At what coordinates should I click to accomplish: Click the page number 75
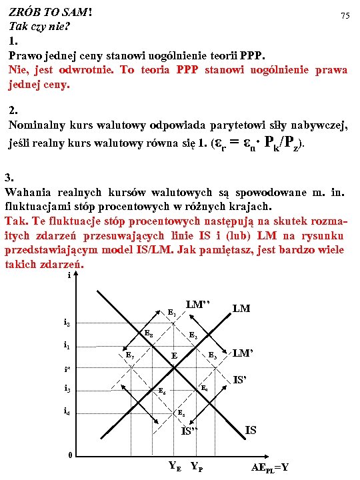point(345,15)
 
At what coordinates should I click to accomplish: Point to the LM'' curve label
point(198,305)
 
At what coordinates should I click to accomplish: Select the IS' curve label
point(241,381)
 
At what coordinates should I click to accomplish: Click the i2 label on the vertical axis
point(67,323)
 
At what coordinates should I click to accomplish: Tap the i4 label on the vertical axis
point(67,411)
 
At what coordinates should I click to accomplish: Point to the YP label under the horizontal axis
point(197,466)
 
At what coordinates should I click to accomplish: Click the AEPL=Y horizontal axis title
point(270,467)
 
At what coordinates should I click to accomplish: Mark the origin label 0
point(69,455)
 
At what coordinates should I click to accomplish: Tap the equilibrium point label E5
point(181,413)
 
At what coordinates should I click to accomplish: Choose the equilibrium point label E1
point(171,313)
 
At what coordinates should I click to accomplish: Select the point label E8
point(149,333)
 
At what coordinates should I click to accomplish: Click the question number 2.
point(13,111)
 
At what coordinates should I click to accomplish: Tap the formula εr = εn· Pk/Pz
point(259,142)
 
